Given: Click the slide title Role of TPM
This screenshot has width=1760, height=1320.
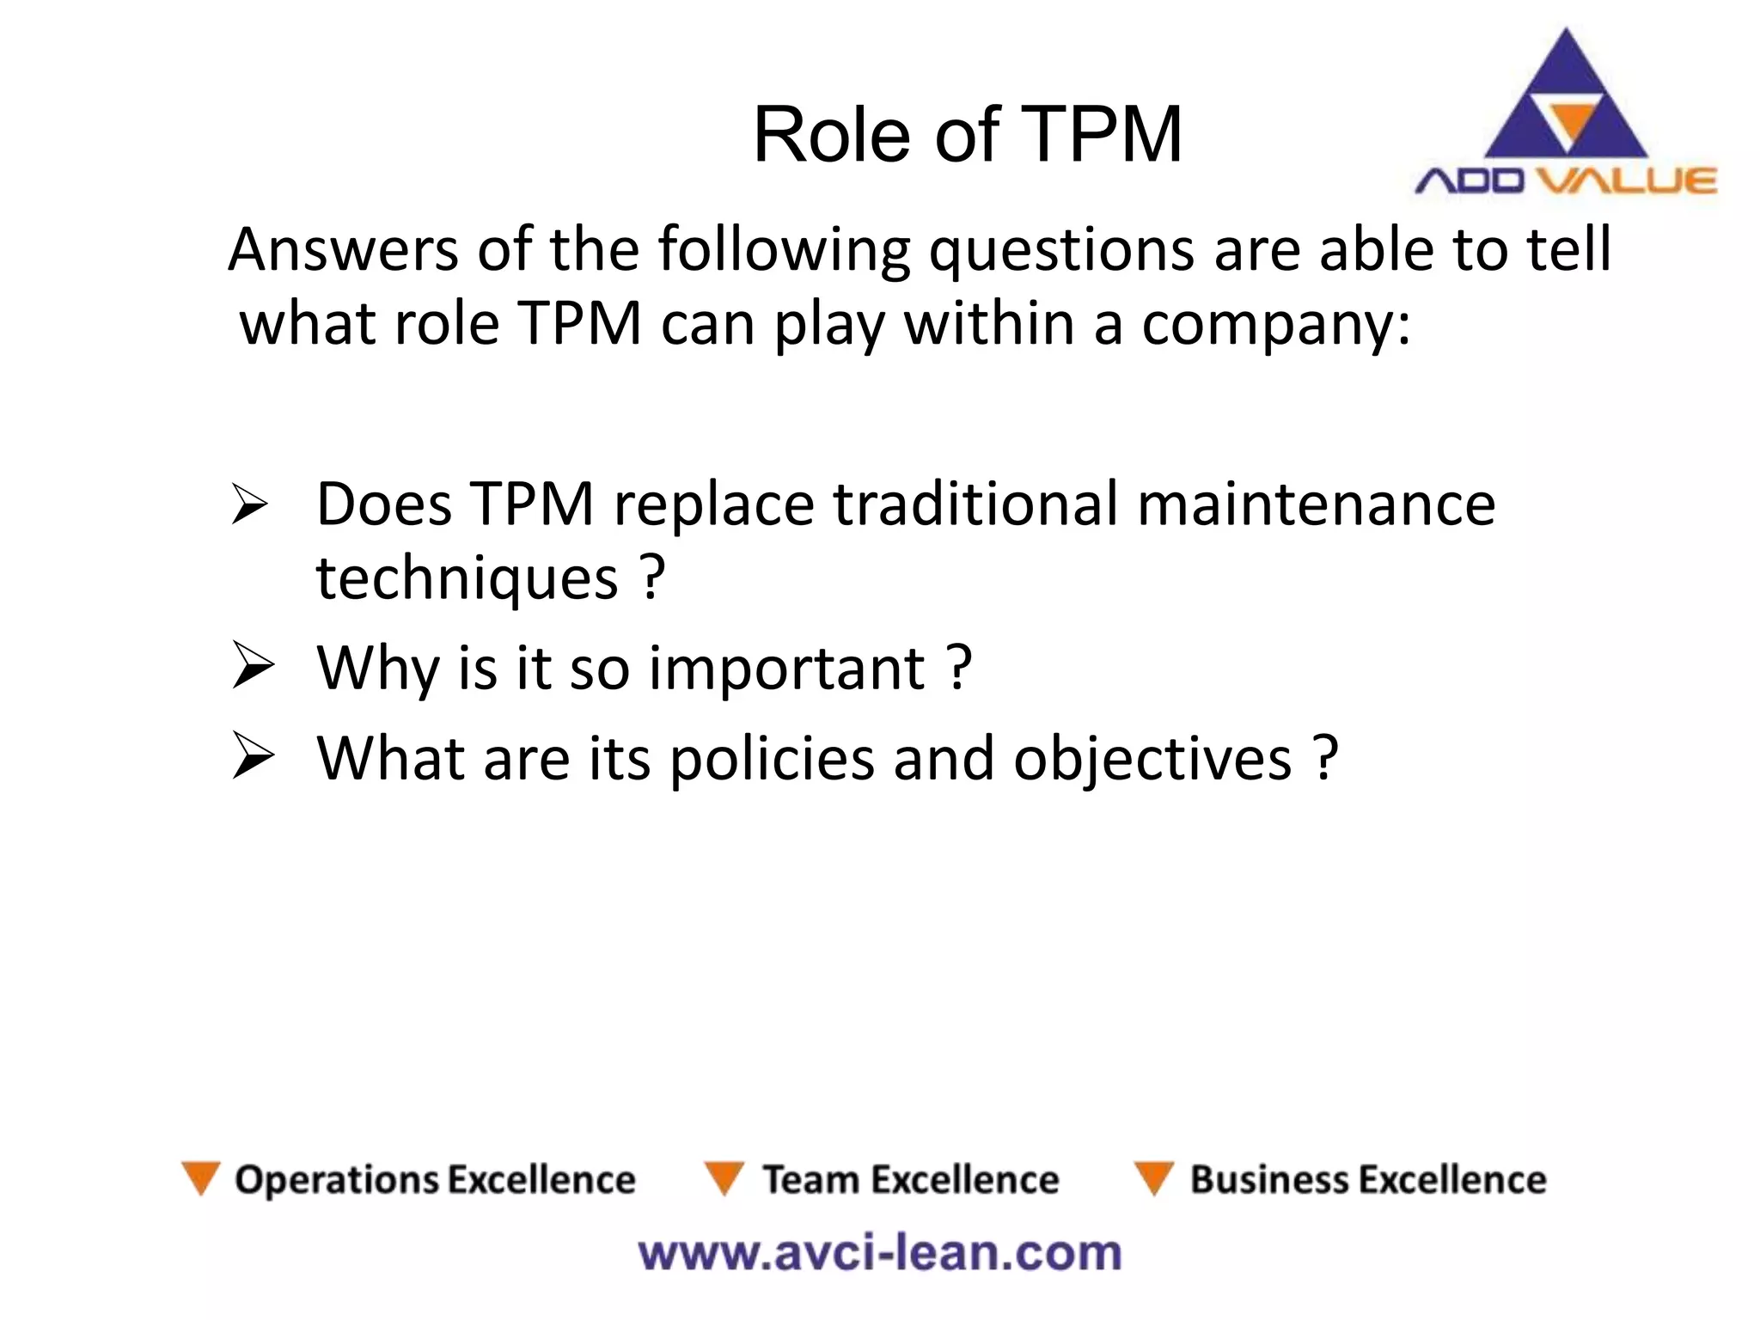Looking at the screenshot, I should tap(967, 135).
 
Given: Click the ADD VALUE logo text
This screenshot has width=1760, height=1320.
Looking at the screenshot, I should tap(1565, 181).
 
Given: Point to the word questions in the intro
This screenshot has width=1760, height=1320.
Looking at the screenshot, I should tap(1061, 252).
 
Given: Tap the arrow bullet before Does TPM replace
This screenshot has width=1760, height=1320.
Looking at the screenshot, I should tap(250, 505).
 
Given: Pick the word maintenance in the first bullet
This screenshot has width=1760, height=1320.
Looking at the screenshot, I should tap(1316, 504).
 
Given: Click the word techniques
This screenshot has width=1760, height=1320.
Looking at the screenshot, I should tap(467, 578).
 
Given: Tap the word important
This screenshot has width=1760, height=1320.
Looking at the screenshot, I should tap(785, 668).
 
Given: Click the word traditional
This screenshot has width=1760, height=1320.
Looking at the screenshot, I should tap(975, 504).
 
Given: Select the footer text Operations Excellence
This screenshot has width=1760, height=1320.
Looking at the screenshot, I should tap(435, 1180).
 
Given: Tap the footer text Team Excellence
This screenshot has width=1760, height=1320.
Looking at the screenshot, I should tap(911, 1180).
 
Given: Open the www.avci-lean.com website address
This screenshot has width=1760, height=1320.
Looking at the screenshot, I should tap(880, 1253).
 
